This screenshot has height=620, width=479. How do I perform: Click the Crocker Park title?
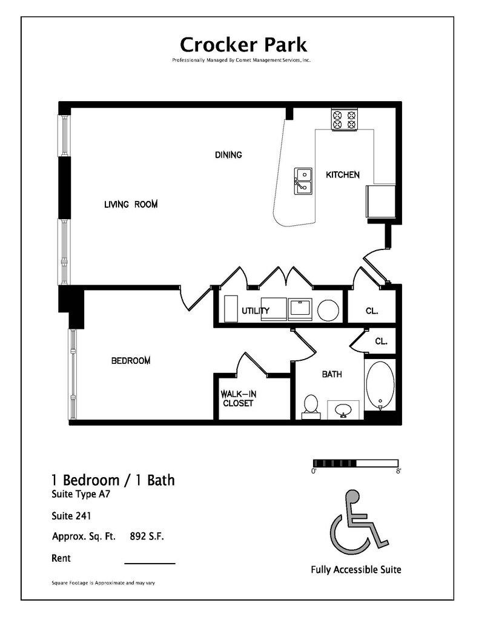point(243,44)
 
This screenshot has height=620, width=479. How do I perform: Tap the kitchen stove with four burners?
point(345,119)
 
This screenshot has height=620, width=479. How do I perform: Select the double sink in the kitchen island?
point(303,182)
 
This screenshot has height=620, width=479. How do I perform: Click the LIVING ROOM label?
point(131,205)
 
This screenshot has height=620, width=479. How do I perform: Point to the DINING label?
point(228,155)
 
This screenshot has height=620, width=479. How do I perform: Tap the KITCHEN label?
point(343,175)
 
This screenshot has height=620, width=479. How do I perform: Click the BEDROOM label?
point(131,361)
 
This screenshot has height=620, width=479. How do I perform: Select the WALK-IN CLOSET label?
point(237,398)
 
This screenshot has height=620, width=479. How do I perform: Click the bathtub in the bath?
point(380,384)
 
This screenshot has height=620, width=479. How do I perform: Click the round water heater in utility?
point(328,310)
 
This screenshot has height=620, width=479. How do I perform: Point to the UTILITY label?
point(256,311)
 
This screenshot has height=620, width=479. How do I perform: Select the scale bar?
point(355,463)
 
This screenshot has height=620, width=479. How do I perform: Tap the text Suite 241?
point(71,516)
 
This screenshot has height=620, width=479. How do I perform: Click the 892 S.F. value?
point(147,536)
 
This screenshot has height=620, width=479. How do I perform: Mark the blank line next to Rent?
point(150,563)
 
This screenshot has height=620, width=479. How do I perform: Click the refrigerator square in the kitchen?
point(380,201)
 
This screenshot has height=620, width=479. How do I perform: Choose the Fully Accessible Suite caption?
point(355,569)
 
